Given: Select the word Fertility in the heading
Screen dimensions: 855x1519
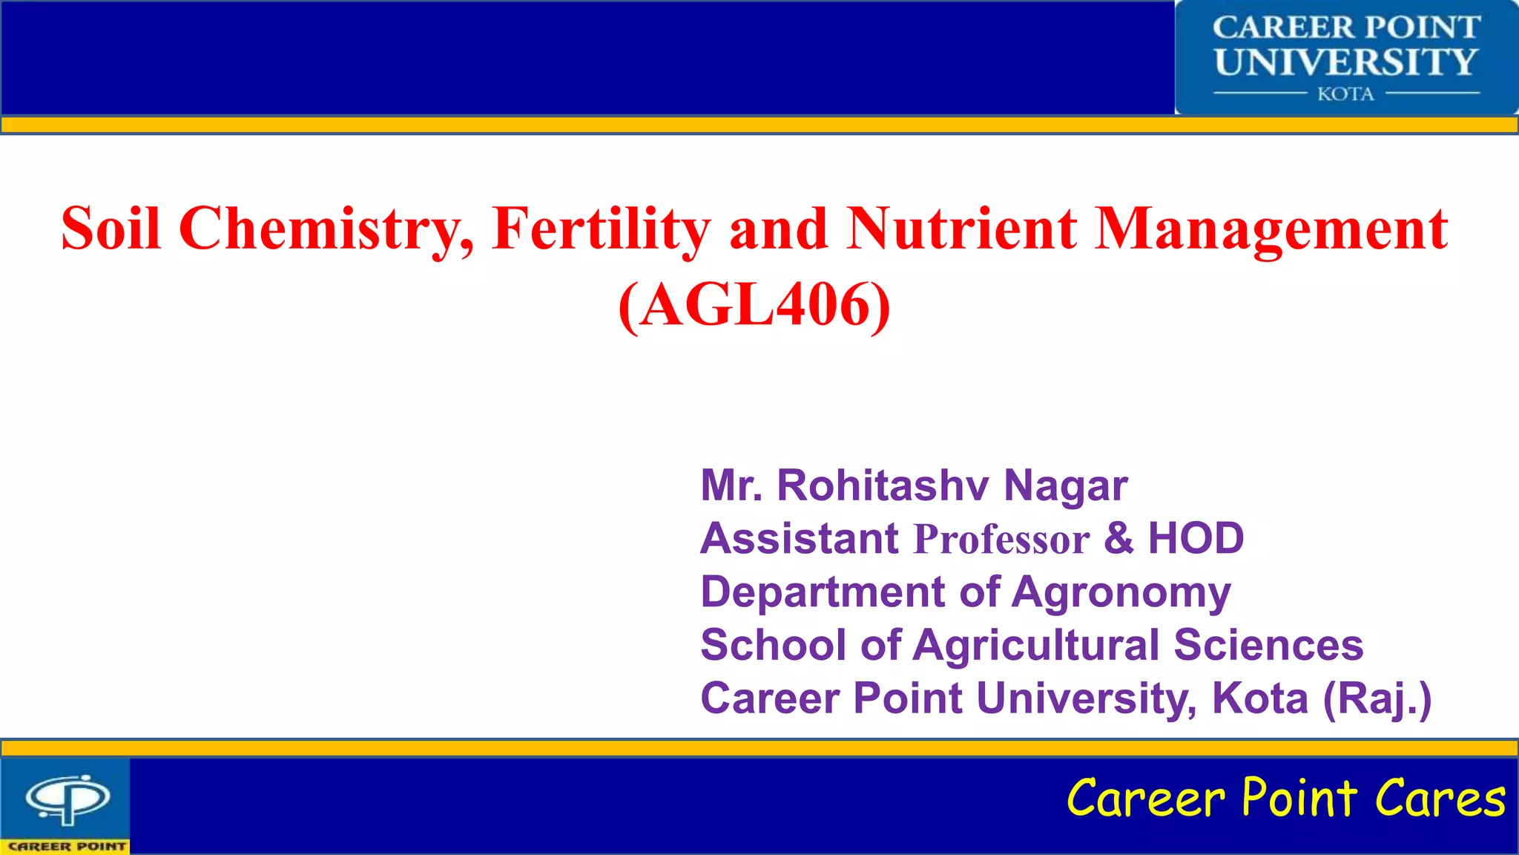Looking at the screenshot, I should [x=602, y=229].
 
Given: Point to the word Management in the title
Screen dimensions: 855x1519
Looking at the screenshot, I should [x=1271, y=229].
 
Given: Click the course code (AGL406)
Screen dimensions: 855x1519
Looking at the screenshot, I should [x=754, y=305].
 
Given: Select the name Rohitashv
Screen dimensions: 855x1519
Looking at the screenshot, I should [x=883, y=485].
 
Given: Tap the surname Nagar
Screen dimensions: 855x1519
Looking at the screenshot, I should [x=1066, y=485].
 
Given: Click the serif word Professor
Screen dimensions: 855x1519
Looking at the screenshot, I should [x=1002, y=539].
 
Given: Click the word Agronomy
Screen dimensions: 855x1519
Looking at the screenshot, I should [x=1121, y=592].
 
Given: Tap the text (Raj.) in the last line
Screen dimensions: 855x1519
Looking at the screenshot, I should [x=1377, y=698].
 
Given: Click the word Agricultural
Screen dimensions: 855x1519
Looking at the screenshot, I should [x=1036, y=645].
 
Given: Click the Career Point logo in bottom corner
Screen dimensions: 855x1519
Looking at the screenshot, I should [x=67, y=805].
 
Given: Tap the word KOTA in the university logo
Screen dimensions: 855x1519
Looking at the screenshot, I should [x=1345, y=94].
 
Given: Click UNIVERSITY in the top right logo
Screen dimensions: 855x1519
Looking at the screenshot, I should [x=1346, y=62].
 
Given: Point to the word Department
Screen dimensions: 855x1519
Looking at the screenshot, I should [x=823, y=592].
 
